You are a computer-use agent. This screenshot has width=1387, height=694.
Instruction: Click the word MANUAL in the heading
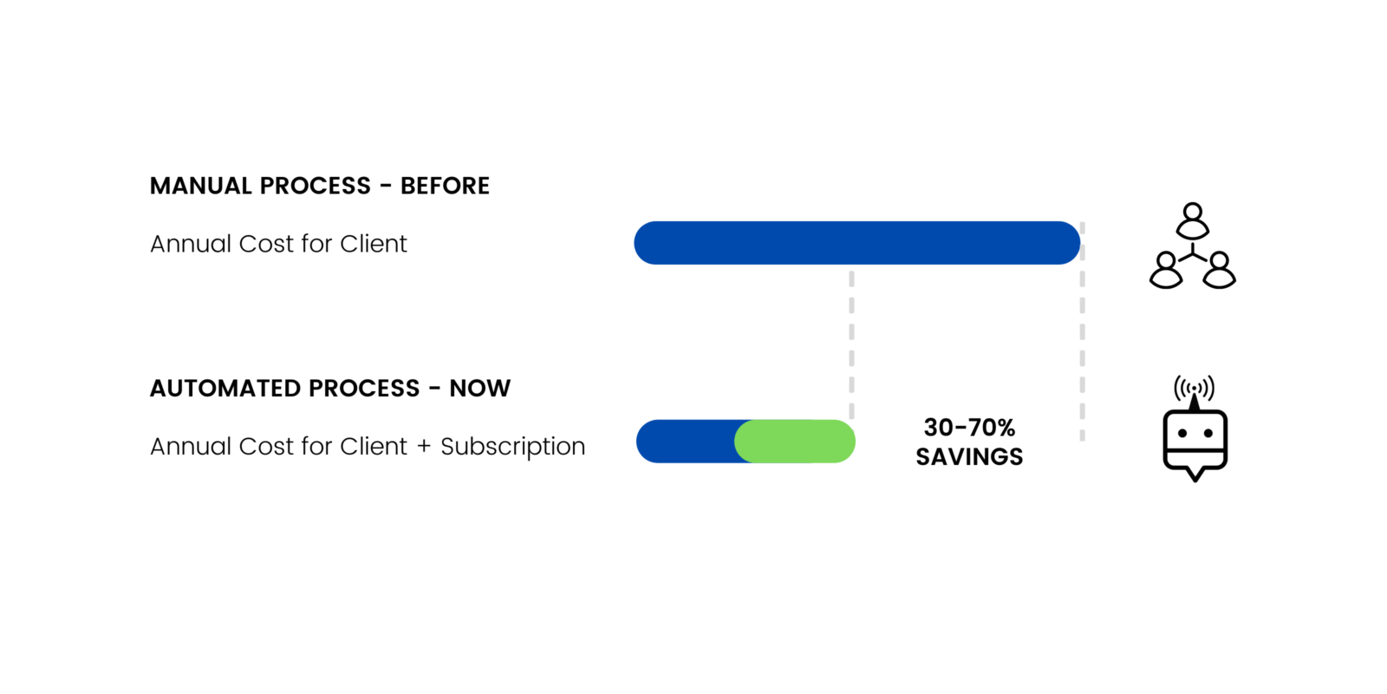click(x=199, y=186)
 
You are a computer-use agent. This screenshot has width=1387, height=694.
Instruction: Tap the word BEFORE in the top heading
click(x=445, y=186)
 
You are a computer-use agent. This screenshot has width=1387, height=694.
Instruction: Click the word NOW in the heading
click(x=480, y=389)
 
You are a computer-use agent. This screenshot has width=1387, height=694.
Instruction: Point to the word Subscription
click(x=512, y=447)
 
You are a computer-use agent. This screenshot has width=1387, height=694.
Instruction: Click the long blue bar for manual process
click(x=857, y=243)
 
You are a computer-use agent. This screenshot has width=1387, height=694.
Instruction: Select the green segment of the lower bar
click(x=794, y=442)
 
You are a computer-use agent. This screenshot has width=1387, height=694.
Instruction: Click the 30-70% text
click(x=970, y=428)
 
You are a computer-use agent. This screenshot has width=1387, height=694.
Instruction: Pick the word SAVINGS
click(x=970, y=456)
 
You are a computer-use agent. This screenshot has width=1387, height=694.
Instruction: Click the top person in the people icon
click(x=1193, y=220)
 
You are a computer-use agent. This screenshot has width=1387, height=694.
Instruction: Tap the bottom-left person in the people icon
click(x=1166, y=270)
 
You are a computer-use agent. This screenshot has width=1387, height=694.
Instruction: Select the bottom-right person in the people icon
click(x=1219, y=270)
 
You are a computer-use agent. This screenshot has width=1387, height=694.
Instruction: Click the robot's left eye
click(x=1182, y=433)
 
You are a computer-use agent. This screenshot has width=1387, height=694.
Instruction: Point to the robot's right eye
click(x=1208, y=433)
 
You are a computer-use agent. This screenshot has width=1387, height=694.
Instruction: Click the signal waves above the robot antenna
click(x=1194, y=388)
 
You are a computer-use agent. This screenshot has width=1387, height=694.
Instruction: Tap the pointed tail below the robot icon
click(x=1195, y=475)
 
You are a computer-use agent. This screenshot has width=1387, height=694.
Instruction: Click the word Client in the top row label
click(x=374, y=244)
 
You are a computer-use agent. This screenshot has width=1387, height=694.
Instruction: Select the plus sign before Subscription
click(x=424, y=447)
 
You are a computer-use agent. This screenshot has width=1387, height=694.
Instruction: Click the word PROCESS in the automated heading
click(x=364, y=389)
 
